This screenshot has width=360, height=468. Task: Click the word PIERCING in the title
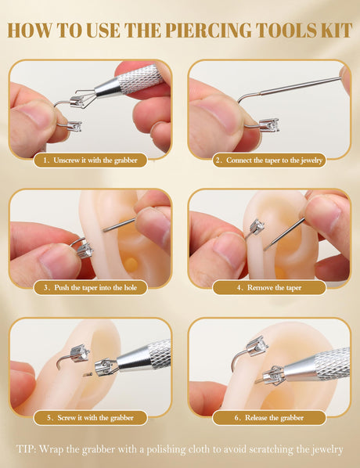pos(207,30)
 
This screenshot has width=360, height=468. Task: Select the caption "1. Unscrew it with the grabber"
pos(90,160)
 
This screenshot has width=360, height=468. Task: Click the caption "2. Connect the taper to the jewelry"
pos(269,160)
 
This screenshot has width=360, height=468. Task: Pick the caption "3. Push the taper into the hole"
pos(90,288)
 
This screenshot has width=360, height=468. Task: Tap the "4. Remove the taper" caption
pos(269,288)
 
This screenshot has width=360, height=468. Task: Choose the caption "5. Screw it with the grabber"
pos(90,418)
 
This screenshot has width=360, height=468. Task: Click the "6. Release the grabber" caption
pos(269,418)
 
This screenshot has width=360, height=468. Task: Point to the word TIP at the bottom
pos(26,449)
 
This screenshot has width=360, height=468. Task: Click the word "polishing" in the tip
pos(166,449)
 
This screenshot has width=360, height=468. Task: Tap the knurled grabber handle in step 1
pos(141,79)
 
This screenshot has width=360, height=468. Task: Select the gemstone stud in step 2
pos(270,125)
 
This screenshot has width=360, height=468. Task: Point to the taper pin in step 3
pos(119,225)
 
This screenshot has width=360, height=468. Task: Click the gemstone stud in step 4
pos(257,227)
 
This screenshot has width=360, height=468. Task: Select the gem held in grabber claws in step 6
pos(273,376)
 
